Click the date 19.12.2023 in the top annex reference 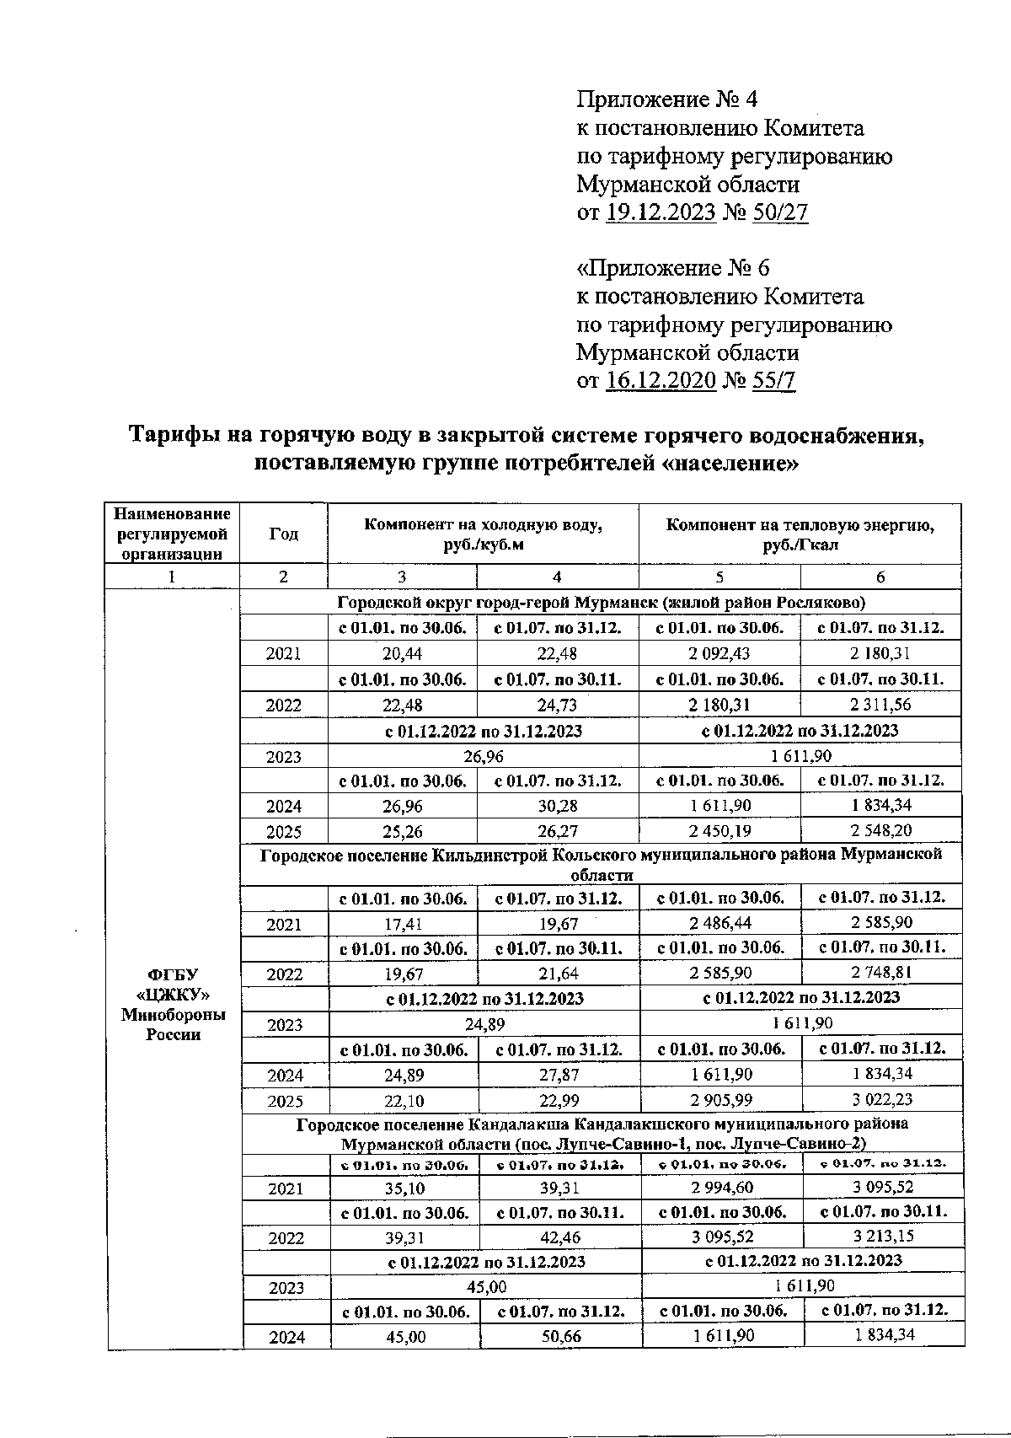pyautogui.click(x=661, y=212)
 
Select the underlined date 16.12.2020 pyautogui.click(x=661, y=380)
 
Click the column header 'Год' pyautogui.click(x=283, y=534)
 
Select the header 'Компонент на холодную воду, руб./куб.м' pyautogui.click(x=483, y=534)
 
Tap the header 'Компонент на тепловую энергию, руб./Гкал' pyautogui.click(x=800, y=534)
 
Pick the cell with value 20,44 pyautogui.click(x=402, y=653)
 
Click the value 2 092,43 pyautogui.click(x=719, y=653)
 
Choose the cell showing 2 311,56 pyautogui.click(x=880, y=704)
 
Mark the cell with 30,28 pyautogui.click(x=557, y=806)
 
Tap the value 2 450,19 pyautogui.click(x=719, y=831)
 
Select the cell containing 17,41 pyautogui.click(x=402, y=923)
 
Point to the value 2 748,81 pyautogui.click(x=881, y=973)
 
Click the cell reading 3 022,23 pyautogui.click(x=881, y=1099)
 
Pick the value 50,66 pyautogui.click(x=560, y=1335)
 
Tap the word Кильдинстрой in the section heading pyautogui.click(x=484, y=855)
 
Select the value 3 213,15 pyautogui.click(x=883, y=1237)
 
